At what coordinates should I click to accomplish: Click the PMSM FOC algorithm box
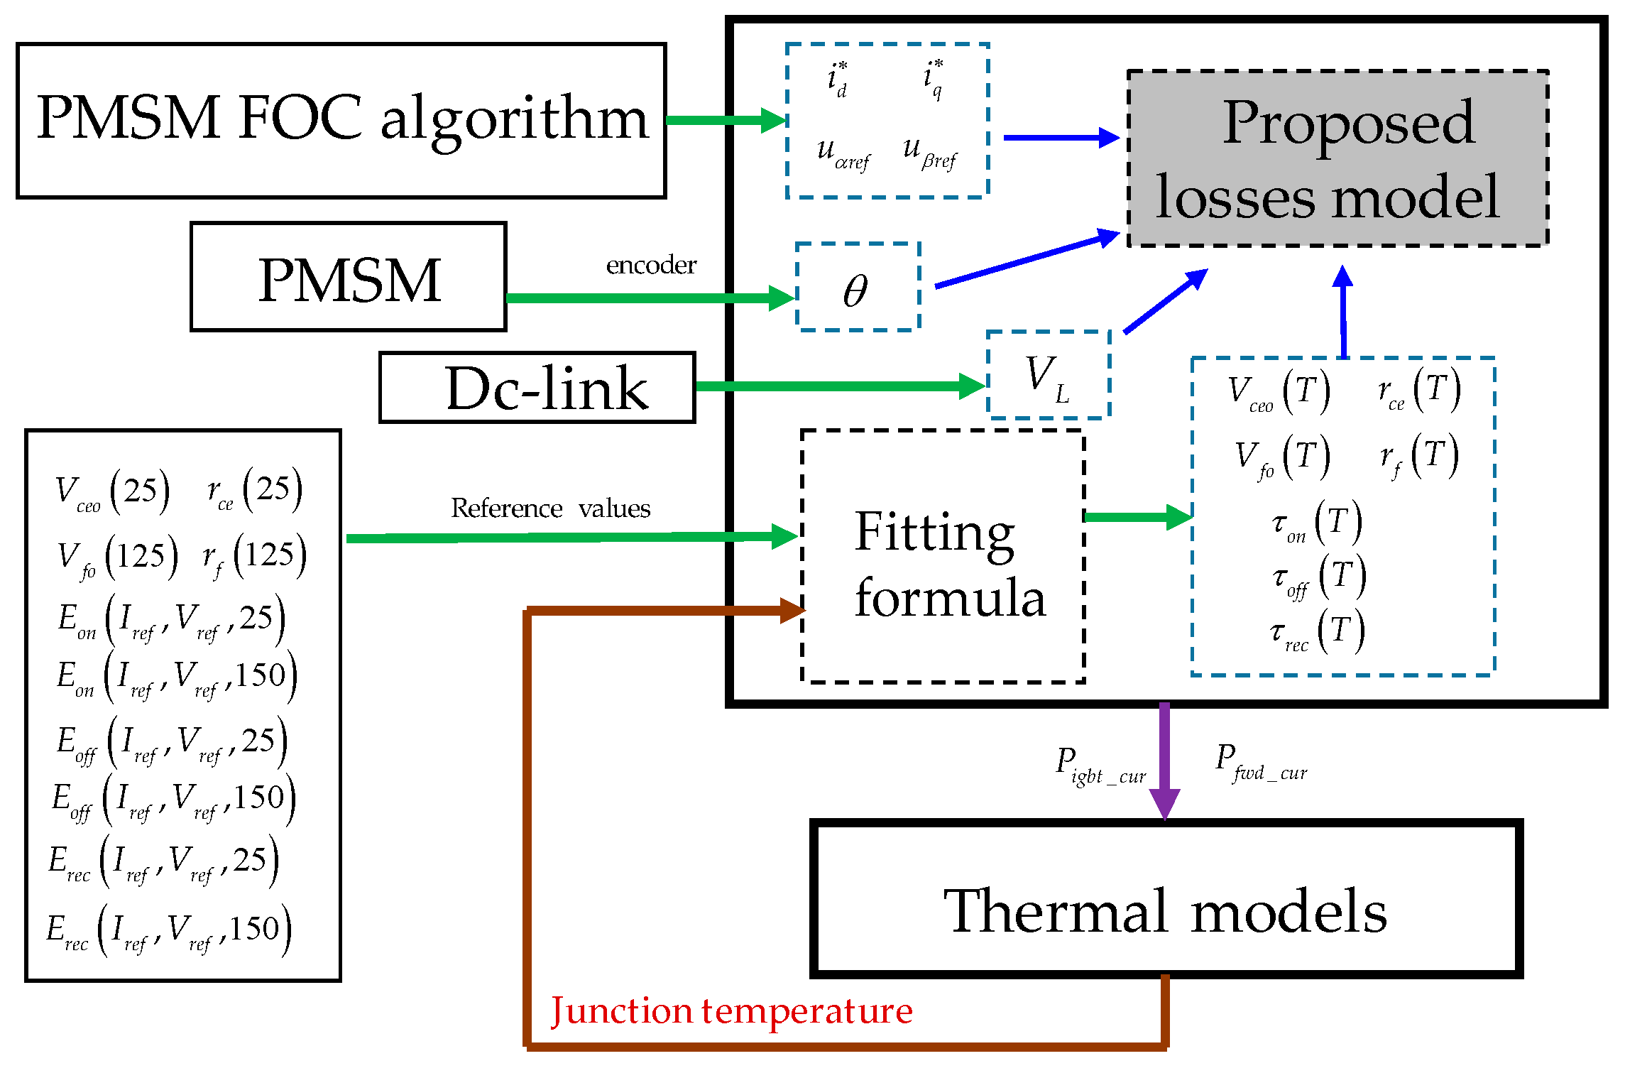point(341,120)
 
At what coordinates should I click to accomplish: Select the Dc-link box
point(537,388)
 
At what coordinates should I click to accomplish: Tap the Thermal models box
point(1165,899)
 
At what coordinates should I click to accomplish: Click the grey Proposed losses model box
point(1337,158)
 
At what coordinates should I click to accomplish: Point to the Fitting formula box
point(943,556)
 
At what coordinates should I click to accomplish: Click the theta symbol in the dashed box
point(855,290)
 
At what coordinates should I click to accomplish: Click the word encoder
point(650,266)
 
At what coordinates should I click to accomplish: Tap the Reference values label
point(550,508)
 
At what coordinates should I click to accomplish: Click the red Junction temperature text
point(731,1011)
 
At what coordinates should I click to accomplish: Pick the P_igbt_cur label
point(1100,766)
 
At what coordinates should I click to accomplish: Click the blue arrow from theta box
point(1026,261)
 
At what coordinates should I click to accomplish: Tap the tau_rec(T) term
point(1317,631)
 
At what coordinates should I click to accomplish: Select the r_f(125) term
point(254,557)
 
